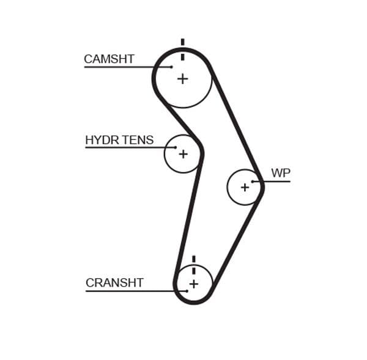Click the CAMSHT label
[x=109, y=59]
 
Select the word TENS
[x=138, y=141]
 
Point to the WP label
[x=280, y=173]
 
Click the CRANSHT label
[x=114, y=283]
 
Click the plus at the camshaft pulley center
[x=182, y=79]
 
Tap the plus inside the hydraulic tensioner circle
[x=183, y=154]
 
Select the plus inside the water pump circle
[x=245, y=187]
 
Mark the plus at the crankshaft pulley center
[x=193, y=284]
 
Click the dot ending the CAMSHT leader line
[x=172, y=67]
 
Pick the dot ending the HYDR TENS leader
[x=176, y=147]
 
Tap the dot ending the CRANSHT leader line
[x=187, y=291]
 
